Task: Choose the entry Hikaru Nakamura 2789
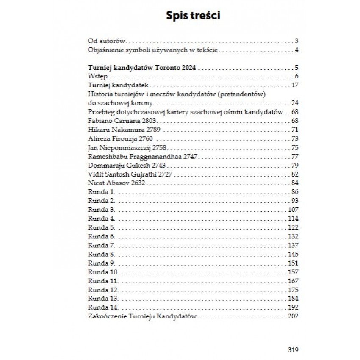[x=124, y=130]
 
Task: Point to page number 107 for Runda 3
[x=293, y=210]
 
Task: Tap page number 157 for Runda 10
[x=293, y=272]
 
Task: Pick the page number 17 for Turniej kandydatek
[x=296, y=86]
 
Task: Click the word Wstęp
[x=97, y=77]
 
